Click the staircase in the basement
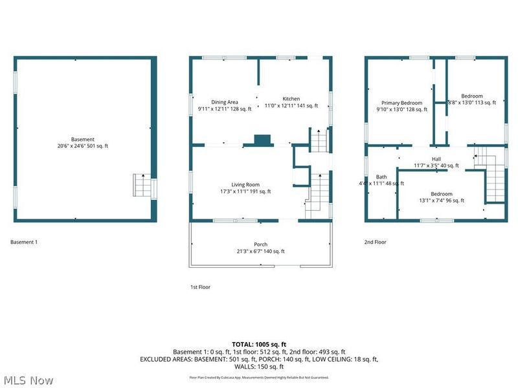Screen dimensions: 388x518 pyautogui.click(x=142, y=185)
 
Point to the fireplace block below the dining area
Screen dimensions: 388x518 pyautogui.click(x=262, y=140)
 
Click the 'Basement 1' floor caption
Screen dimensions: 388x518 pyautogui.click(x=24, y=242)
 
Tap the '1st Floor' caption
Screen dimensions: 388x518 pyautogui.click(x=199, y=287)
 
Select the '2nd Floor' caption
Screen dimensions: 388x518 pyautogui.click(x=375, y=242)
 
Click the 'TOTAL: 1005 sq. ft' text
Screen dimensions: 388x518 pyautogui.click(x=259, y=344)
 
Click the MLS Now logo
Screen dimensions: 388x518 pyautogui.click(x=30, y=380)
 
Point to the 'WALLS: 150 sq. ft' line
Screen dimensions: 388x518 pyautogui.click(x=259, y=366)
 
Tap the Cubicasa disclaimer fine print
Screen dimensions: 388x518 pyautogui.click(x=259, y=377)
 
